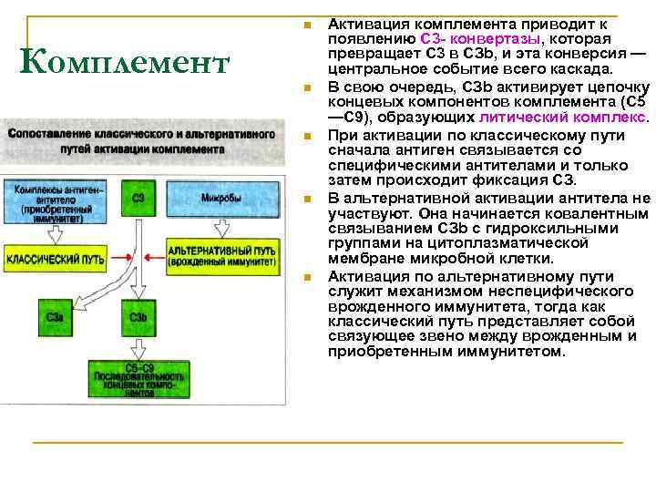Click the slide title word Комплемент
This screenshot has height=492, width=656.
tap(125, 63)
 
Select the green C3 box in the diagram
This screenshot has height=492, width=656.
tap(138, 198)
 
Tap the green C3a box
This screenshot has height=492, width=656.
tap(53, 319)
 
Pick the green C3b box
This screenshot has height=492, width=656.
tap(138, 319)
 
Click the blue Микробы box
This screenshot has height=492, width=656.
tap(221, 198)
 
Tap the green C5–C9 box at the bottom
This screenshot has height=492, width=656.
tap(138, 381)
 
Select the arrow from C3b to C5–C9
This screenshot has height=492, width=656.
tap(138, 348)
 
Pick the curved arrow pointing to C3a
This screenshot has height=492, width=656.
tap(91, 293)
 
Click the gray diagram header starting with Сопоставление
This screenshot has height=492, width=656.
tap(142, 140)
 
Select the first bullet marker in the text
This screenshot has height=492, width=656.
tap(308, 25)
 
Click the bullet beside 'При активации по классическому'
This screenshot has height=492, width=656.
tap(308, 137)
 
